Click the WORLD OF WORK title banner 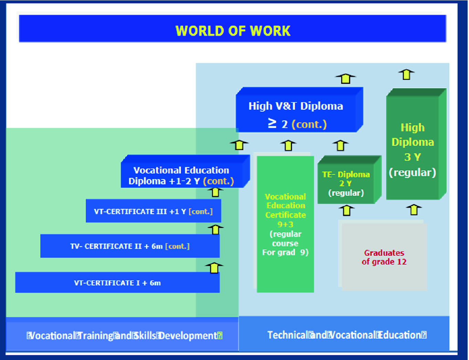coord(233,30)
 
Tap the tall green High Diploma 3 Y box coord(413,148)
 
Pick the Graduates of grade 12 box coord(384,257)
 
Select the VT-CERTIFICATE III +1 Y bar coord(153,211)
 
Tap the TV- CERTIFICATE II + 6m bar coord(130,246)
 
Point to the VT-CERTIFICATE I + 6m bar coord(117,283)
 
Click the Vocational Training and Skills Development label coord(124,335)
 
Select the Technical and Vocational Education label coord(347,335)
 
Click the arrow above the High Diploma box coord(406,74)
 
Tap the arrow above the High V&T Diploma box coord(345,78)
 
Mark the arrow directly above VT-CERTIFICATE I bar coord(214,267)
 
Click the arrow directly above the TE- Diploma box coord(340,145)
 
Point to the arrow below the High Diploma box coord(414,209)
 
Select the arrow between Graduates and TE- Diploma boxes coord(347,210)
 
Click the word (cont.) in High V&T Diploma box coord(309,124)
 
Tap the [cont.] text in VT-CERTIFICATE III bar coord(201,211)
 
